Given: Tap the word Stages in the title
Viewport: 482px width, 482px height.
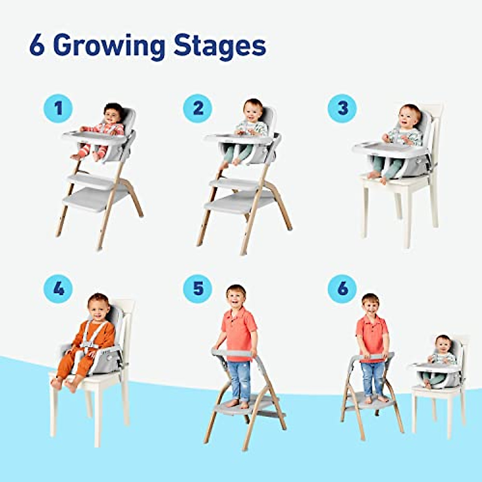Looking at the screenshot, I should (x=220, y=47).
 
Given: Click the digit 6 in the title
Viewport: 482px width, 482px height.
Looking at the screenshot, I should (x=37, y=46).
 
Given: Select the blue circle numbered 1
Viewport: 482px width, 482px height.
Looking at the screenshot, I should (x=58, y=108).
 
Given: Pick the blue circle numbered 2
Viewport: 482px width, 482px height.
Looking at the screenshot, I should (x=198, y=108).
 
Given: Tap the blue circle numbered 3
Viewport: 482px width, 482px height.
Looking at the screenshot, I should (x=342, y=108).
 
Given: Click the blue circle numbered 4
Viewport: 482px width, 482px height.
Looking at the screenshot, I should (x=58, y=288).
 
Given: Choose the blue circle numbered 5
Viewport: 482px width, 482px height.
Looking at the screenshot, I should (x=198, y=288).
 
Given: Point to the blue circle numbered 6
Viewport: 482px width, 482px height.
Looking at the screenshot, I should (x=342, y=288).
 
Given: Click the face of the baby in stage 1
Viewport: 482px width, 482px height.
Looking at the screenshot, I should (x=113, y=114).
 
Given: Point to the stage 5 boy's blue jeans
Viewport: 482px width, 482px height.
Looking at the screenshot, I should (x=239, y=380).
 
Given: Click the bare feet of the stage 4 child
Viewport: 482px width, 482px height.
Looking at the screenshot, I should (x=64, y=384).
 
